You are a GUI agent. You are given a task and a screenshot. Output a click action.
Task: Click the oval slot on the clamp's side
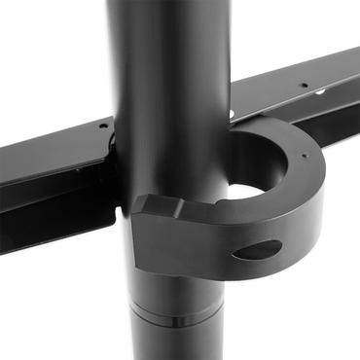pyautogui.click(x=257, y=250)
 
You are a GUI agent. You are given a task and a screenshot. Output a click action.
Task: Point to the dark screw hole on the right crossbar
pyautogui.click(x=305, y=87)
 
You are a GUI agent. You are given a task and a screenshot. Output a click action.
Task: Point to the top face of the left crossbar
pyautogui.click(x=49, y=136)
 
